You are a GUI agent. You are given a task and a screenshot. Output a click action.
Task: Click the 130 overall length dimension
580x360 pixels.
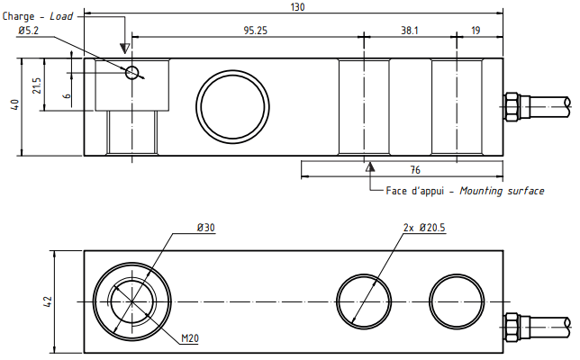click(x=298, y=7)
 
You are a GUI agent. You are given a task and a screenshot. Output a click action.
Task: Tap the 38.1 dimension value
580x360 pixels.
click(x=410, y=30)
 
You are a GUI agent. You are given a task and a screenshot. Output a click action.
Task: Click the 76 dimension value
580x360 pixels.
click(x=416, y=169)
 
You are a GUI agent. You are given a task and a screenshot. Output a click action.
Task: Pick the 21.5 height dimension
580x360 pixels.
click(x=37, y=85)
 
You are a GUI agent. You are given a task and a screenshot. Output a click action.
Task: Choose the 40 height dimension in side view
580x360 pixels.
click(x=14, y=105)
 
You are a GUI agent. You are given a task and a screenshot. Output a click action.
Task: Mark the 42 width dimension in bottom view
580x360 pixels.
click(x=49, y=301)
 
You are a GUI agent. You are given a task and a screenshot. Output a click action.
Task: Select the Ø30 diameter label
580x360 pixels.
click(x=206, y=229)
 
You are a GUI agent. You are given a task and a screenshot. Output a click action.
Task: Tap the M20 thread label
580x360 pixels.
click(x=189, y=338)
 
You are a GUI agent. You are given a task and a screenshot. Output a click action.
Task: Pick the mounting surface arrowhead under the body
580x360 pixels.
click(x=368, y=166)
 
